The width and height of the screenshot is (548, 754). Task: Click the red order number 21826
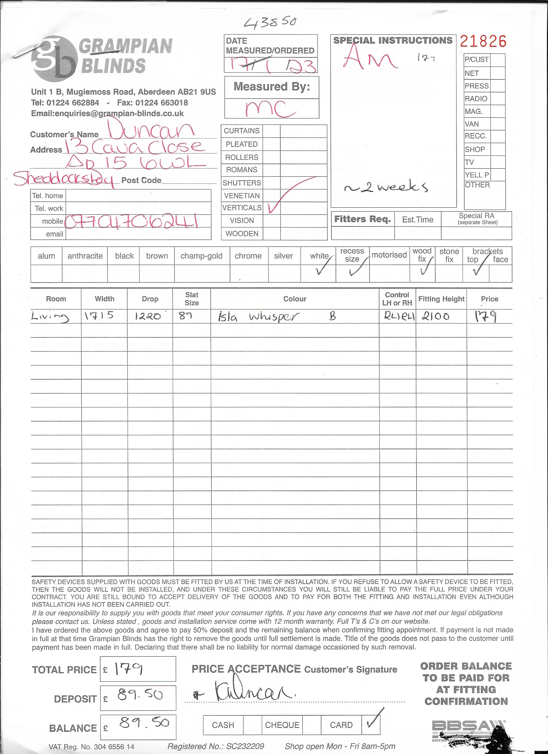pyautogui.click(x=483, y=42)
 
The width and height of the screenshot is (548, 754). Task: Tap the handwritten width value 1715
pyautogui.click(x=99, y=315)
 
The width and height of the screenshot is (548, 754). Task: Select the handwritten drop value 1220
pyautogui.click(x=148, y=316)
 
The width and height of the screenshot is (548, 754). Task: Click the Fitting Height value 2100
pyautogui.click(x=436, y=316)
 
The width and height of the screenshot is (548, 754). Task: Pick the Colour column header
pyautogui.click(x=294, y=299)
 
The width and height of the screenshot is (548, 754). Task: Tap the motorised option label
pyautogui.click(x=389, y=255)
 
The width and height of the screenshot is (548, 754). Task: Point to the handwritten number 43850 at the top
pyautogui.click(x=270, y=23)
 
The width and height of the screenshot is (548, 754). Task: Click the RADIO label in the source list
pyautogui.click(x=476, y=99)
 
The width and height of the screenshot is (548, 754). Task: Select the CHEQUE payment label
pyautogui.click(x=282, y=725)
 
